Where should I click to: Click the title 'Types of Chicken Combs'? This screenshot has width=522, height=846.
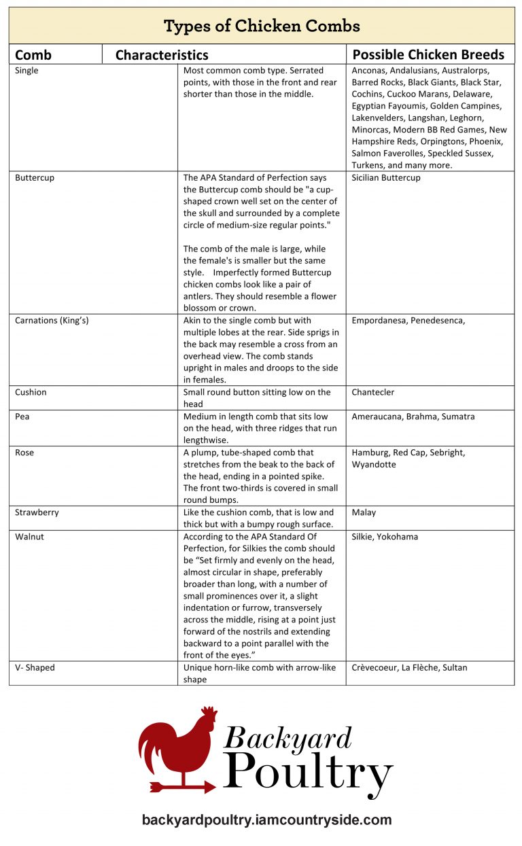tap(261, 27)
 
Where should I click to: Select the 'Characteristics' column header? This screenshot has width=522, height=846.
tap(162, 55)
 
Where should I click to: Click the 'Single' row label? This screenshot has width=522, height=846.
tap(27, 71)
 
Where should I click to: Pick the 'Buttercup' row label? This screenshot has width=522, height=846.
tap(35, 178)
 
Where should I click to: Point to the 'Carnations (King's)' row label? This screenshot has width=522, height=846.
tap(52, 321)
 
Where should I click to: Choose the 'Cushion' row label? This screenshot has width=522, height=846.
tap(31, 393)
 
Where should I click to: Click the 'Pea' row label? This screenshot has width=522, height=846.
tap(22, 417)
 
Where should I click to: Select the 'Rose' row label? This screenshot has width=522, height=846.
tap(24, 453)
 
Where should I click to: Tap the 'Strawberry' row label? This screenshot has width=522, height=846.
tap(37, 512)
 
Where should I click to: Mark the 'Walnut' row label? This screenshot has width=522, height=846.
tap(29, 537)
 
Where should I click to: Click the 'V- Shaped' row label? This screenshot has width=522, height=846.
tap(35, 668)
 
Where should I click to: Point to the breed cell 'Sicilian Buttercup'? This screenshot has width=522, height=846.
tap(386, 178)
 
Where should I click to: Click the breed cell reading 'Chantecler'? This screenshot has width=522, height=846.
tap(372, 393)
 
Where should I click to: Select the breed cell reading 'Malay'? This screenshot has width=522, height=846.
tap(364, 512)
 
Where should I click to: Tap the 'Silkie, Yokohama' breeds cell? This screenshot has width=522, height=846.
tap(385, 537)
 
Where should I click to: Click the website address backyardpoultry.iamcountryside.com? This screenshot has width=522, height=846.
tap(266, 819)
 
